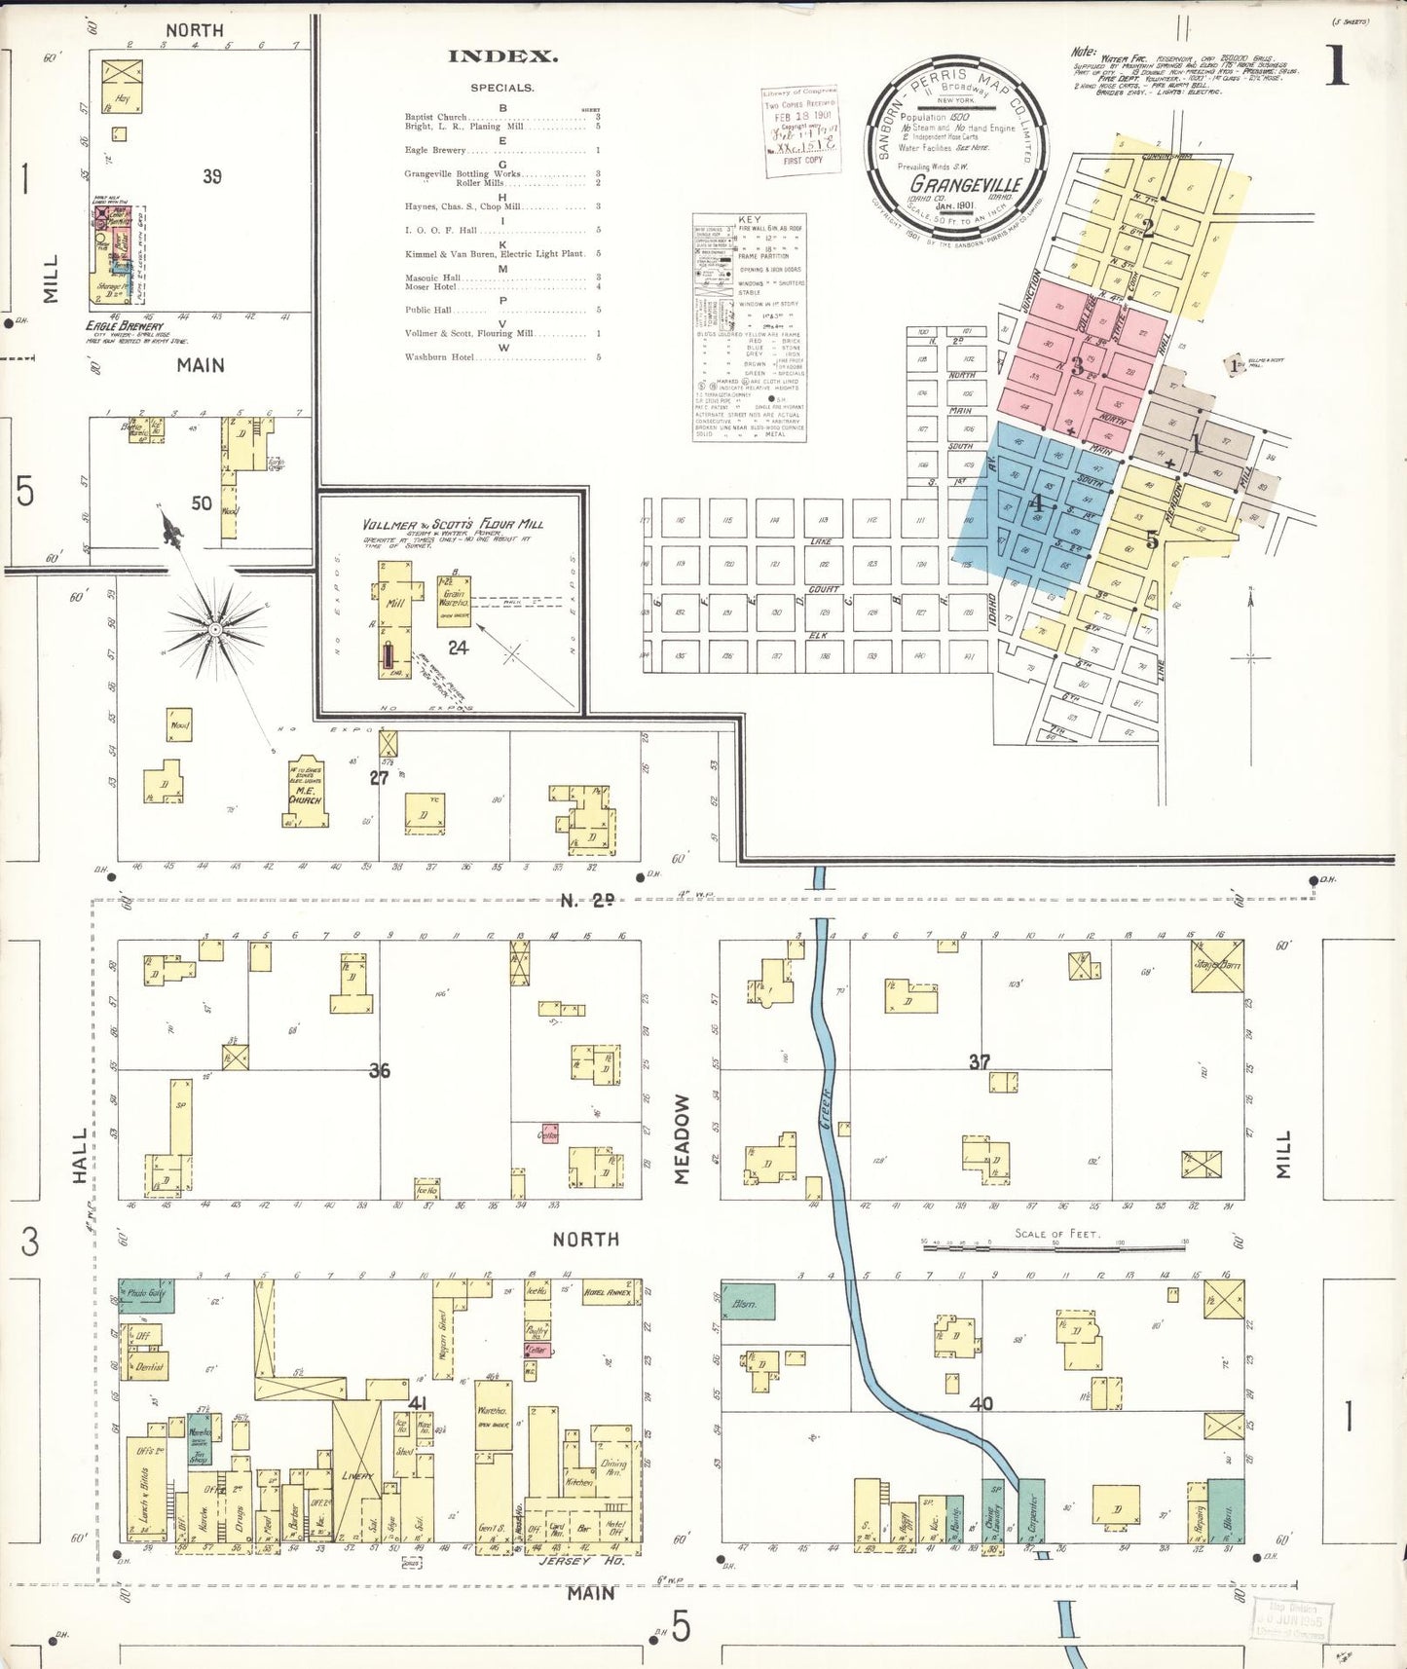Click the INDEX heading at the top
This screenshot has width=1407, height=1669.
point(502,56)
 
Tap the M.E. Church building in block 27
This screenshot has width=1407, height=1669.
point(306,793)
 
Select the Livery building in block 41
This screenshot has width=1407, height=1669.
point(356,1475)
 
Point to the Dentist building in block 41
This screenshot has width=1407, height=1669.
point(148,1366)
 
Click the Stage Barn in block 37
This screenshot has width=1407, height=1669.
point(1217,966)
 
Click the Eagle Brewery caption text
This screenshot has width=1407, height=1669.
point(125,326)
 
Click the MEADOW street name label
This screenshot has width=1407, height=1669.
point(682,1138)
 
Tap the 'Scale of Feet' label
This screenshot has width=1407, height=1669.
point(1056,1234)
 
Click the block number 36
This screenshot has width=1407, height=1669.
point(379,1070)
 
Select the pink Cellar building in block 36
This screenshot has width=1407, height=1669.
point(549,1135)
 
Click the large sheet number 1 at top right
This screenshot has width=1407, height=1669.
point(1336,66)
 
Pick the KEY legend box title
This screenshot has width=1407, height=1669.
point(750,220)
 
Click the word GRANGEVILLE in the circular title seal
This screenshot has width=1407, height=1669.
point(965,184)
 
